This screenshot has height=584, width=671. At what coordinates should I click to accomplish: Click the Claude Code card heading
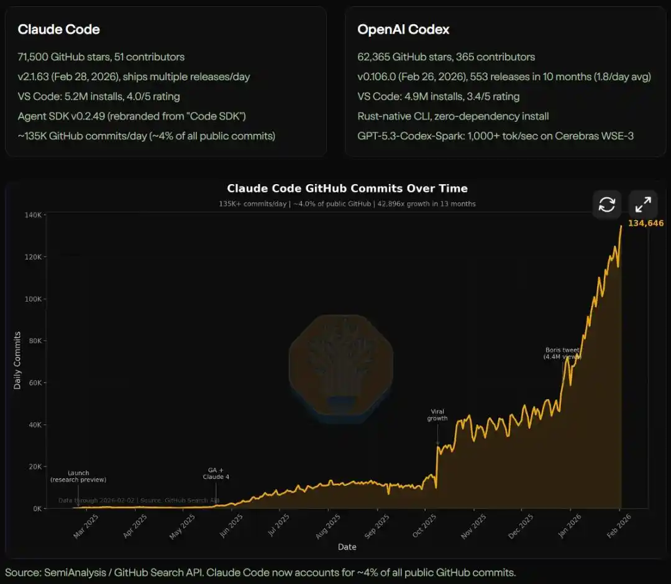[x=58, y=29]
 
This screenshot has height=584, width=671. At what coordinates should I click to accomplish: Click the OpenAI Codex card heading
[x=403, y=29]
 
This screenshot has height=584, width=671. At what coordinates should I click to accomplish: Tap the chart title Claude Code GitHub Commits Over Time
[x=347, y=188]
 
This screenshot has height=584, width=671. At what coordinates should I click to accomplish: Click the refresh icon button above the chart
[x=606, y=204]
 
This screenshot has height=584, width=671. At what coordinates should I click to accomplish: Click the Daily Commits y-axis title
[x=17, y=361]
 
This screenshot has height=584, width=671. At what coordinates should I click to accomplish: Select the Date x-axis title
[x=347, y=547]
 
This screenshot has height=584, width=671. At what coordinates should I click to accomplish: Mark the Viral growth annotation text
[x=437, y=415]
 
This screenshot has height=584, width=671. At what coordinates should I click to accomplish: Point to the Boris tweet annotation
[x=562, y=353]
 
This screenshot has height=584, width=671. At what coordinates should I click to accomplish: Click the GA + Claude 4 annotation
[x=216, y=473]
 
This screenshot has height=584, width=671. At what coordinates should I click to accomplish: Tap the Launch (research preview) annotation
[x=78, y=476]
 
